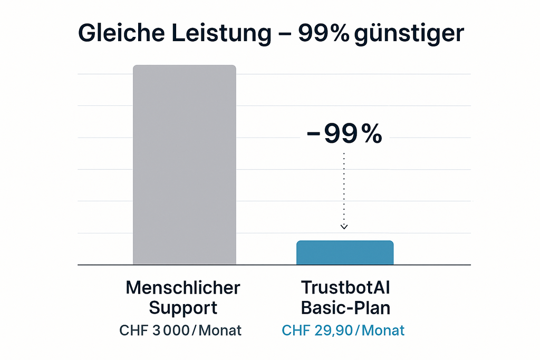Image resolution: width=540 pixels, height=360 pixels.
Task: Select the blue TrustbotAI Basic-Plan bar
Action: coord(345,252)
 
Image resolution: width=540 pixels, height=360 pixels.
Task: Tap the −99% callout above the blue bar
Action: coord(344,134)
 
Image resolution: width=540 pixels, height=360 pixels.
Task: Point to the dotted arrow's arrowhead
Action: coord(344,227)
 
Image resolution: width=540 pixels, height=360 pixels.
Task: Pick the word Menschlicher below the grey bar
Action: coord(183,288)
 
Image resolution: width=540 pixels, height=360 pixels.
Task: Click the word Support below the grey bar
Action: coord(183,308)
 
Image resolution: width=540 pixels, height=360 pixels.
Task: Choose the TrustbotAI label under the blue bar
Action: coord(345,288)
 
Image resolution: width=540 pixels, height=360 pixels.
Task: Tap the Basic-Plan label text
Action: coord(345,308)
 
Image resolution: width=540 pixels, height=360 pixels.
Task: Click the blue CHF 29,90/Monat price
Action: coord(343,331)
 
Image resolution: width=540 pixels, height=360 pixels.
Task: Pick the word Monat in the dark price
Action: coord(220,331)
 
